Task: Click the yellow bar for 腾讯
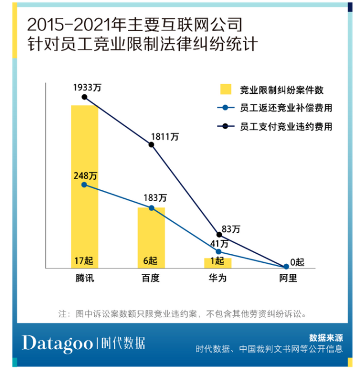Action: tap(84, 185)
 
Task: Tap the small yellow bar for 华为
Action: tap(218, 262)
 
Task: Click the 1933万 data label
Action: tap(84, 88)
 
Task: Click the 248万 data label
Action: tap(85, 176)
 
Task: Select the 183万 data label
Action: tap(155, 198)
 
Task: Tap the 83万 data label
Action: tap(231, 229)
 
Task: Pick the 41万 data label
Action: tap(219, 244)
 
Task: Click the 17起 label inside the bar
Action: tap(84, 261)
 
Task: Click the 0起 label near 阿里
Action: tap(296, 262)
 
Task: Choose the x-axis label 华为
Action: tap(218, 278)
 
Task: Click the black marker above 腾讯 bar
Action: tap(84, 97)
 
